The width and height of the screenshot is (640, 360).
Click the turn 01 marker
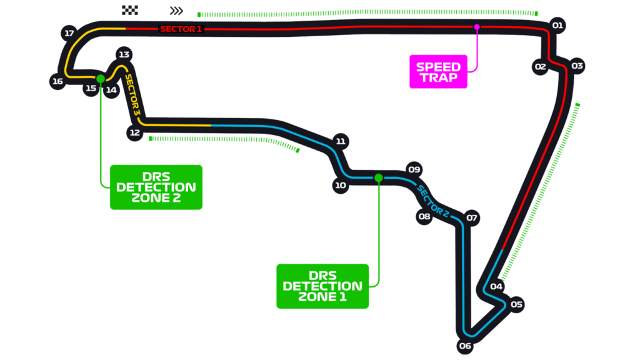[x=558, y=26]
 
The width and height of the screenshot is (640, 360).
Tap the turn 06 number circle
[x=464, y=346]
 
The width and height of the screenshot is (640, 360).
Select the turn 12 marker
[x=134, y=132]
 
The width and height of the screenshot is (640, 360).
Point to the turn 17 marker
[x=69, y=33]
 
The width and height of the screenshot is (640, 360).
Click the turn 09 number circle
[x=414, y=169]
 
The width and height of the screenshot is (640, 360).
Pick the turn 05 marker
[x=516, y=305]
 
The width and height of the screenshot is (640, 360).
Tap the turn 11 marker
[x=341, y=141]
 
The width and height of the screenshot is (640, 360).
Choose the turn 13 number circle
[x=124, y=54]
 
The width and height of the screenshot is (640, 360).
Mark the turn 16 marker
[x=58, y=81]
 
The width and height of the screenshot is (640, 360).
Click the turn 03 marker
[x=577, y=66]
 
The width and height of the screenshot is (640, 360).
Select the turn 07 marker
[x=472, y=218]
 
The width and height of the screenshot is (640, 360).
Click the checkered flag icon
[x=129, y=10]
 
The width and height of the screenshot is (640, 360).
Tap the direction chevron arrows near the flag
[x=176, y=11]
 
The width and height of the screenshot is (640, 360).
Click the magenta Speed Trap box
[x=438, y=72]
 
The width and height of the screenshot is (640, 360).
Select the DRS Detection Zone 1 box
[x=322, y=286]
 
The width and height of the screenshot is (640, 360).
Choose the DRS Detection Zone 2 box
[x=156, y=187]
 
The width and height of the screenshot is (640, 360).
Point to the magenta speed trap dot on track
[x=477, y=27]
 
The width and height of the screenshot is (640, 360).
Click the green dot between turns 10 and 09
[x=378, y=178]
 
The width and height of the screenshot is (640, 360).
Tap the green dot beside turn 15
[x=100, y=79]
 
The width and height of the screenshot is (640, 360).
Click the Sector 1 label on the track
[x=181, y=29]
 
